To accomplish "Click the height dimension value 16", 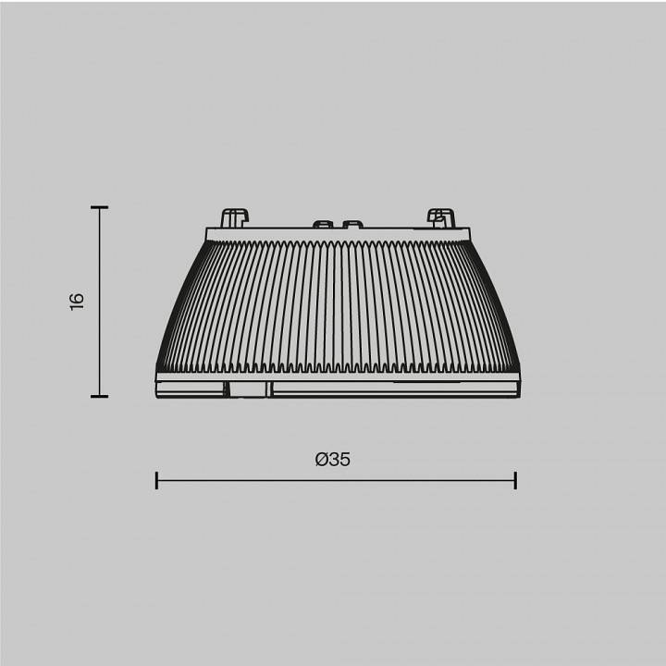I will [x=77, y=301].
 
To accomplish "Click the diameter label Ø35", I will [x=333, y=459].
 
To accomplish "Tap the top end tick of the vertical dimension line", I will [x=99, y=208].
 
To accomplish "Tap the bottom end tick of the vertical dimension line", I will [x=99, y=396].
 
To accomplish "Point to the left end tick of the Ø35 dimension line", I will [x=156, y=480].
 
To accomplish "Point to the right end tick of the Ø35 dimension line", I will [x=514, y=480].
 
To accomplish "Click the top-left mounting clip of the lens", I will [x=235, y=217].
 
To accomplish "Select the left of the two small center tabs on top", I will [x=323, y=224].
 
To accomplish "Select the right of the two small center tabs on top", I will [x=351, y=224].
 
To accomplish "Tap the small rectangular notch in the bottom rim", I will [x=248, y=389].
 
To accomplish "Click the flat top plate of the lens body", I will [x=335, y=231].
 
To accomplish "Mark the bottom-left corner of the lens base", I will [x=156, y=395].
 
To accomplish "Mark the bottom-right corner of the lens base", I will [x=514, y=395].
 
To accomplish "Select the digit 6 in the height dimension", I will [x=77, y=296].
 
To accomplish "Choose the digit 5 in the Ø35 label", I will [x=345, y=459].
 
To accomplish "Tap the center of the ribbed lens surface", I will [x=335, y=305].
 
